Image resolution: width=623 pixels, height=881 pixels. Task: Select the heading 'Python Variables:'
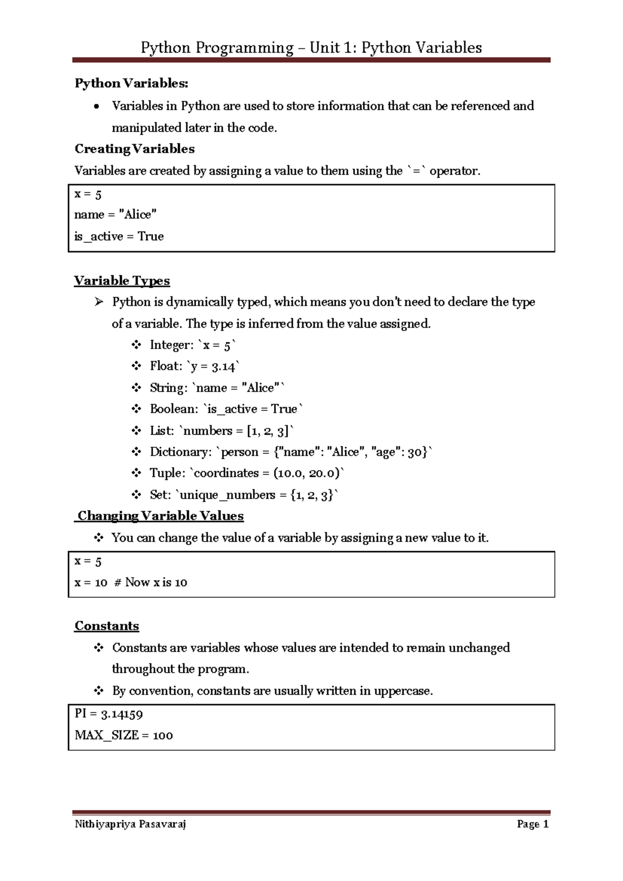pos(131,83)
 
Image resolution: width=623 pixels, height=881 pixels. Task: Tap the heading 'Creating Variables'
pos(134,149)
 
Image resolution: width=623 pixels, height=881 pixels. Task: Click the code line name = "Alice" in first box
pos(115,215)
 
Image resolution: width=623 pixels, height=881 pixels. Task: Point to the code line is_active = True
pos(119,236)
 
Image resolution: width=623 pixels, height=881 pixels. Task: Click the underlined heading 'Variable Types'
pos(122,281)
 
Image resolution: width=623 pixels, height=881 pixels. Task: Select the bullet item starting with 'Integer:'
pos(192,345)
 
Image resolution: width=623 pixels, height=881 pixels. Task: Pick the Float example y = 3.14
pos(213,366)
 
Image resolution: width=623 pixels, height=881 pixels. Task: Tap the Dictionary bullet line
pos(290,452)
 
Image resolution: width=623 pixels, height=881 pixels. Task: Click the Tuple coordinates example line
pos(247,473)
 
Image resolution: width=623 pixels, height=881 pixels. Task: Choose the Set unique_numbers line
pos(243,495)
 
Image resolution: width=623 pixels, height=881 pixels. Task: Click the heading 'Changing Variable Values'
pos(160,516)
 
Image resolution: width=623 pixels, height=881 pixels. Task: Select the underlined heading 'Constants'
pos(106,626)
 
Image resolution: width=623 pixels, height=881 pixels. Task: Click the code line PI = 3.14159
pos(109,714)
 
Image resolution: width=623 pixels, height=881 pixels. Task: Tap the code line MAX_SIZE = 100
pos(124,735)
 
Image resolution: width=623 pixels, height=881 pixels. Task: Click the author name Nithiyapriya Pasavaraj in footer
pos(130,824)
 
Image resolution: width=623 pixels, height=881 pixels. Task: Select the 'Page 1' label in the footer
pos(533,824)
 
